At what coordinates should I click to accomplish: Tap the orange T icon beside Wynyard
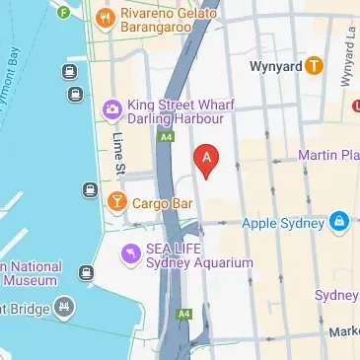click(x=314, y=66)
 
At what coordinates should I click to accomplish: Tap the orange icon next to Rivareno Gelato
click(x=104, y=16)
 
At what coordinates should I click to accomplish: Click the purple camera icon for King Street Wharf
click(x=111, y=107)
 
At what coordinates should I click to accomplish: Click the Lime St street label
click(x=117, y=156)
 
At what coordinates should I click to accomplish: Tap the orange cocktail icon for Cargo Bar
click(x=116, y=202)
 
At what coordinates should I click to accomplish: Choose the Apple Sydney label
click(x=283, y=223)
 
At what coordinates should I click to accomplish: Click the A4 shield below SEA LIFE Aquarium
click(x=183, y=315)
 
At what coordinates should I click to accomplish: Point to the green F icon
click(x=64, y=13)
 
